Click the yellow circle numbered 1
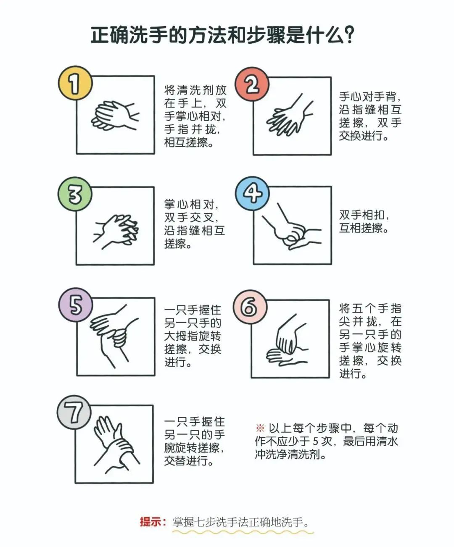pyautogui.click(x=75, y=83)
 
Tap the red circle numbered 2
pyautogui.click(x=252, y=84)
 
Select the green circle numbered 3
pyautogui.click(x=75, y=194)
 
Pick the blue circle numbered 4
pyautogui.click(x=252, y=193)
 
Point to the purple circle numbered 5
pyautogui.click(x=76, y=305)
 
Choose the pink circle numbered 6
pyautogui.click(x=250, y=307)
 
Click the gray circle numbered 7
pyautogui.click(x=74, y=412)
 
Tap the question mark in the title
pyautogui.click(x=348, y=35)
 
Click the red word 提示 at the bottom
pyautogui.click(x=150, y=521)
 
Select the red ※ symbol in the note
pyautogui.click(x=260, y=429)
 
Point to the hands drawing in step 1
pyautogui.click(x=115, y=116)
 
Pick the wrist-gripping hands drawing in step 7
pyautogui.click(x=116, y=445)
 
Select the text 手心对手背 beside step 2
pyautogui.click(x=367, y=96)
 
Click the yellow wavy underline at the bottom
pyautogui.click(x=243, y=532)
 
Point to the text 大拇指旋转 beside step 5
pyautogui.click(x=193, y=336)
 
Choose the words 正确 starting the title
pyautogui.click(x=110, y=35)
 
